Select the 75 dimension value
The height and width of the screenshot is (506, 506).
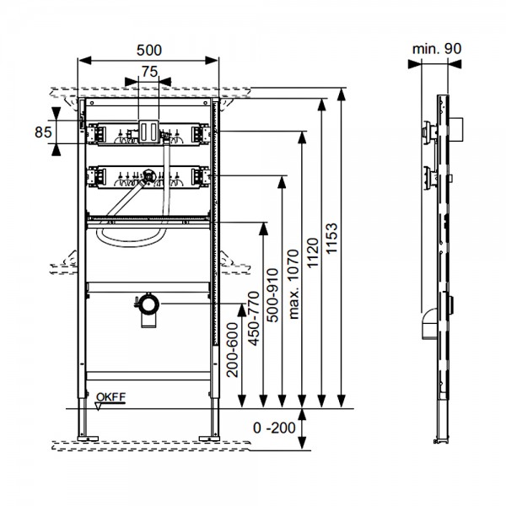pyautogui.click(x=149, y=73)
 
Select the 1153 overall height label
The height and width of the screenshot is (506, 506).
pyautogui.click(x=331, y=239)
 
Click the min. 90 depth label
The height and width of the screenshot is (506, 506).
pyautogui.click(x=437, y=50)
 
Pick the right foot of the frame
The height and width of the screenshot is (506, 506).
pyautogui.click(x=207, y=437)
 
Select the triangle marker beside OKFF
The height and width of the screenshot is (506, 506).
pyautogui.click(x=99, y=405)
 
